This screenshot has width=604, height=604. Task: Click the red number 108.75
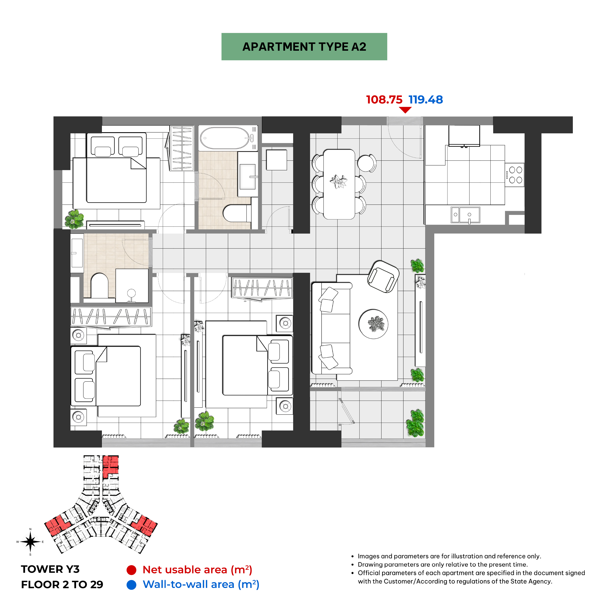(384, 100)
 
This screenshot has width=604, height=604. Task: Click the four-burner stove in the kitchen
(514, 175)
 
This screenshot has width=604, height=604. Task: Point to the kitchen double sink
(465, 215)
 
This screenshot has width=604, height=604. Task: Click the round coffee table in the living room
(373, 324)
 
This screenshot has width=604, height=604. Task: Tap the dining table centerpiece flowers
(339, 181)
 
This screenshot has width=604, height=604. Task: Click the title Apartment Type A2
(304, 47)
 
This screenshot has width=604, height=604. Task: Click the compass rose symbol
(30, 542)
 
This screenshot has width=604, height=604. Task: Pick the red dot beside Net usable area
(131, 570)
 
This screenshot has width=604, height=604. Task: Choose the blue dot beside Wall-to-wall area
(131, 585)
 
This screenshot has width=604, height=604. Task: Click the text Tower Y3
(50, 569)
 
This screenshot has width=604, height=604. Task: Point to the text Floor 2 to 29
(62, 584)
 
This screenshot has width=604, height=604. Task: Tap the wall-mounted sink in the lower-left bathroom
(77, 253)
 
